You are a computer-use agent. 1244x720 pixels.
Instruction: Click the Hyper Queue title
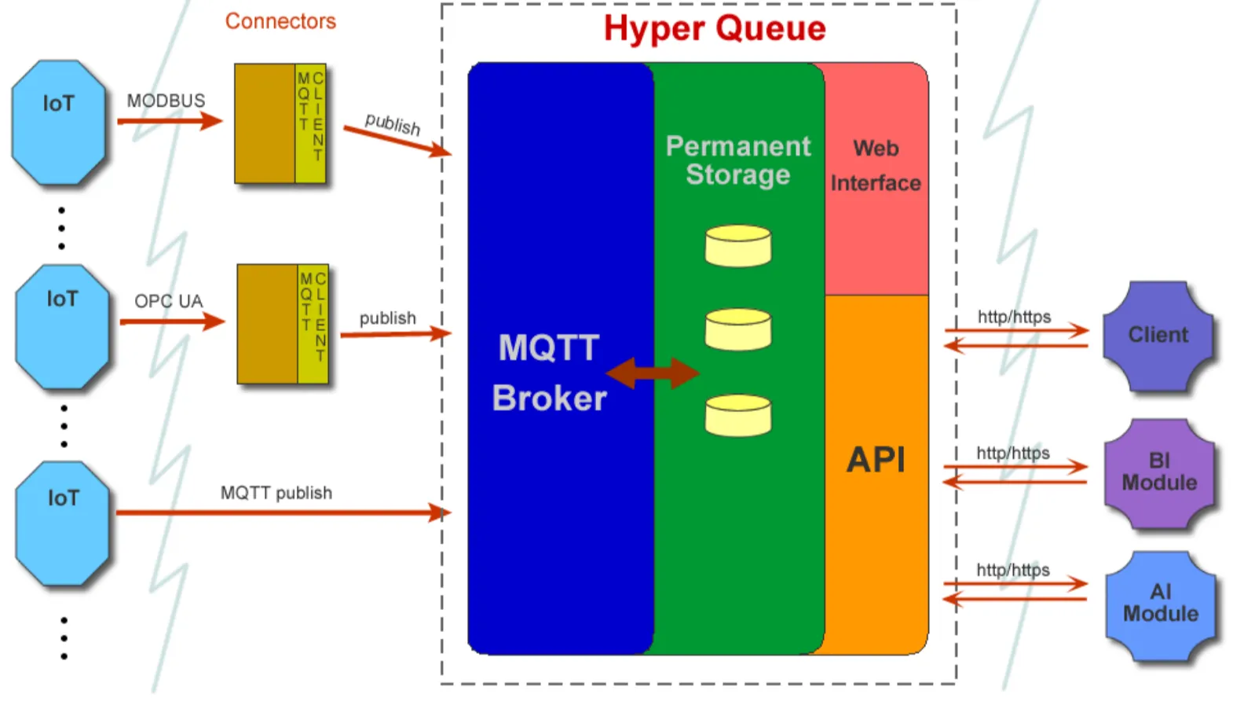pyautogui.click(x=715, y=29)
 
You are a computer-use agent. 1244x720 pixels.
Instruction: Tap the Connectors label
pyautogui.click(x=280, y=21)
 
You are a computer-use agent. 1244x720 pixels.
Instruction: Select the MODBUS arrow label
pyautogui.click(x=166, y=101)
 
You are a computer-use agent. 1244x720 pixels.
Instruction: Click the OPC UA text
pyautogui.click(x=168, y=301)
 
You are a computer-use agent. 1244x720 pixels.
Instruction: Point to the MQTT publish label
pyautogui.click(x=276, y=493)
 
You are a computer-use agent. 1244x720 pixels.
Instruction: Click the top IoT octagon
pyautogui.click(x=59, y=123)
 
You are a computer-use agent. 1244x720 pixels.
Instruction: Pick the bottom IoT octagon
pyautogui.click(x=63, y=523)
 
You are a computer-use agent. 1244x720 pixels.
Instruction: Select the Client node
pyautogui.click(x=1158, y=336)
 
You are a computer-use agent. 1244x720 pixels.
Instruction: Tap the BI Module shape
pyautogui.click(x=1159, y=472)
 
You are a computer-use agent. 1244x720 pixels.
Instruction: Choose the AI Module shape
pyautogui.click(x=1160, y=604)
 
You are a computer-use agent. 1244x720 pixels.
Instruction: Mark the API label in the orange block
pyautogui.click(x=876, y=460)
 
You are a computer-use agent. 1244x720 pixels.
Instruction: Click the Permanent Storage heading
pyautogui.click(x=737, y=160)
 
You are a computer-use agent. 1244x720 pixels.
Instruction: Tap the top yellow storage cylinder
pyautogui.click(x=737, y=246)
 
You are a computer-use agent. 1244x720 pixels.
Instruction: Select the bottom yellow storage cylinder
pyautogui.click(x=737, y=416)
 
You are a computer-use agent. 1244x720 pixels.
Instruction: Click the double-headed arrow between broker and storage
pyautogui.click(x=653, y=373)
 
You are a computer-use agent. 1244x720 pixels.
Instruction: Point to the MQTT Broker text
pyautogui.click(x=549, y=373)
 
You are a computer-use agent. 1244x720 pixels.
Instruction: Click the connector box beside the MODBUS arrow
pyautogui.click(x=280, y=123)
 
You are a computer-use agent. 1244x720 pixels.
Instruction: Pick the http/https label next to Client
pyautogui.click(x=1014, y=317)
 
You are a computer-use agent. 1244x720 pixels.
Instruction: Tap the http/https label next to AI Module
pyautogui.click(x=1013, y=570)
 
